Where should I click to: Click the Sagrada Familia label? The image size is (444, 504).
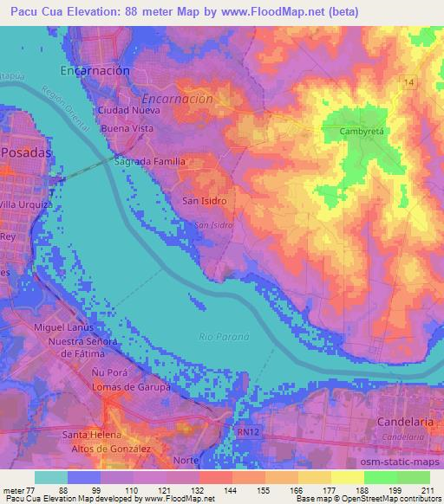[x=149, y=162]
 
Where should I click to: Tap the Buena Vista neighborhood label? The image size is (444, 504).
[x=127, y=128]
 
